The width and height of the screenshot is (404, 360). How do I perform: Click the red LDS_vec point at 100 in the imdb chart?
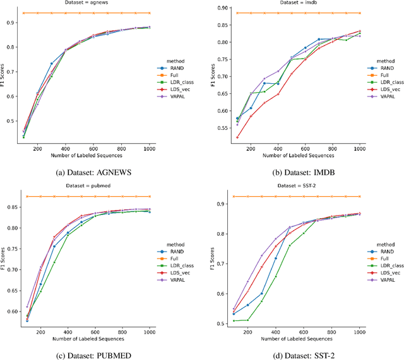(237, 137)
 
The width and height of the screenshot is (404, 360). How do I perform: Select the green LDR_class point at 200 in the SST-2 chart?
(248, 320)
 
